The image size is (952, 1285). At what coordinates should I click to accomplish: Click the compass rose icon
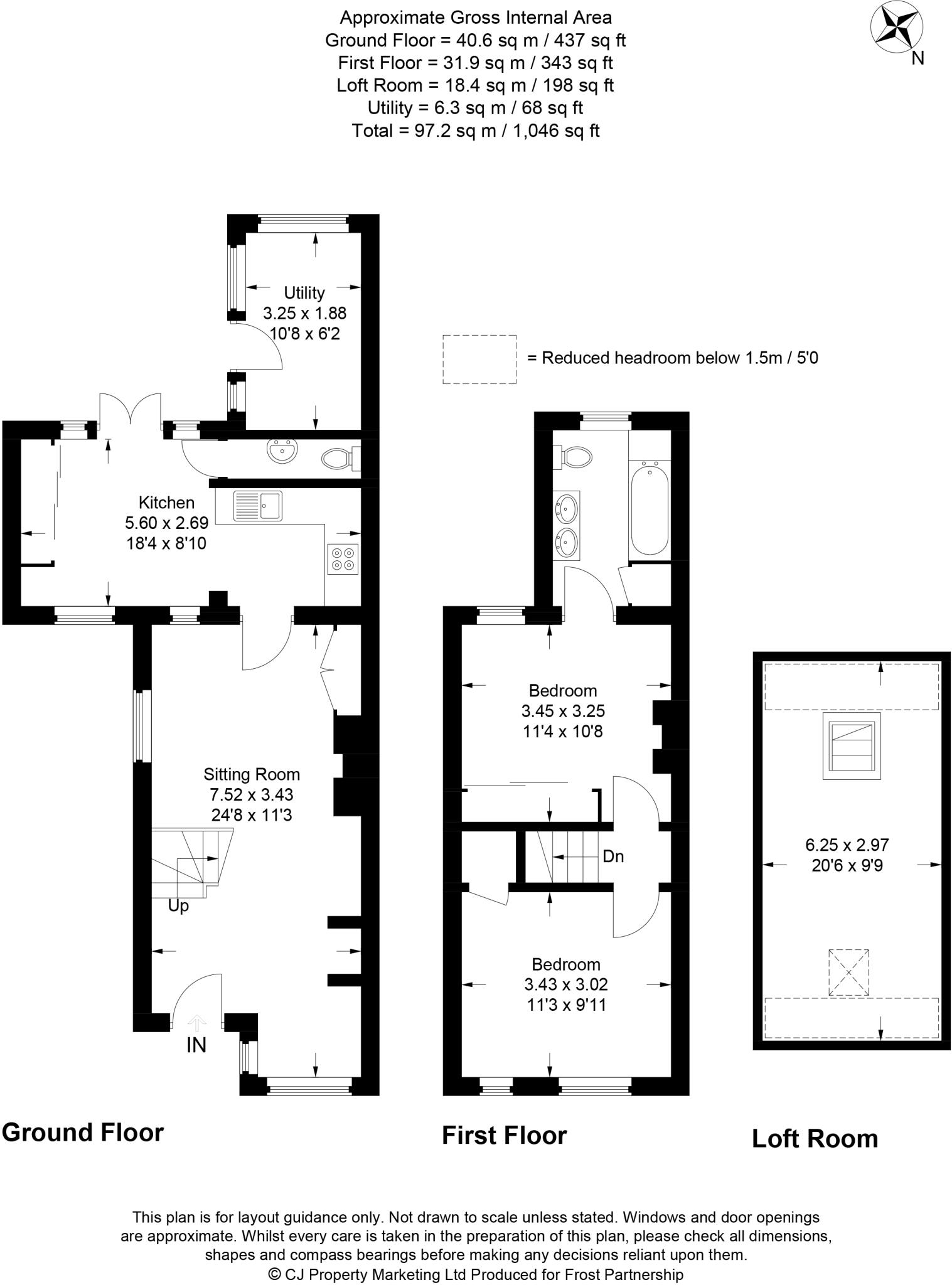point(897,28)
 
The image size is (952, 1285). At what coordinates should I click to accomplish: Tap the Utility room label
point(304,292)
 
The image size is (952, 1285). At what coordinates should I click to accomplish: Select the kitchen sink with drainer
point(258,505)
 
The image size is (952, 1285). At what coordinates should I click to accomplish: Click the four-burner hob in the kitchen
point(343,559)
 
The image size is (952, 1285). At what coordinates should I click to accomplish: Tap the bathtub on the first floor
point(650,508)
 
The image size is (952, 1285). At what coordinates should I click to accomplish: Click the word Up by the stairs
point(178,906)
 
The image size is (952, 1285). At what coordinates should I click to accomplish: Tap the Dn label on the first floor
point(613,856)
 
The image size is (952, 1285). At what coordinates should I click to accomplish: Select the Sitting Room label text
point(252,774)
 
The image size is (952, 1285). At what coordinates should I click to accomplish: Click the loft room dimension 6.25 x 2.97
point(847,845)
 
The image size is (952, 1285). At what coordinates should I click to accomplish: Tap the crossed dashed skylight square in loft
point(849,972)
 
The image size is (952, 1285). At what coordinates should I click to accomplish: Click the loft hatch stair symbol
point(852,745)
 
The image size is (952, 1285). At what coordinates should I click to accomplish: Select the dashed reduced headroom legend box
point(479,359)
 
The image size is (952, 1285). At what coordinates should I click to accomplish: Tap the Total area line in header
point(476,131)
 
